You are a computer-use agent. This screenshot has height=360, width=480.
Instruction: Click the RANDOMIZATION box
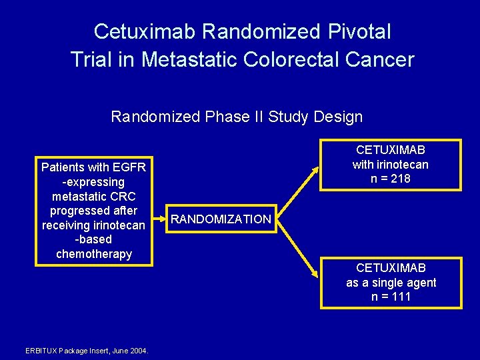point(221,219)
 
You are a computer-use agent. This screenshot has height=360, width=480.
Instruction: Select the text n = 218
point(391,179)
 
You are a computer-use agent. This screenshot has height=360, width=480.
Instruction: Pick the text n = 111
point(391,297)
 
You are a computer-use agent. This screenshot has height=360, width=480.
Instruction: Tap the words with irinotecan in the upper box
point(391,165)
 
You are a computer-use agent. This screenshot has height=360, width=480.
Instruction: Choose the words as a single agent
point(391,283)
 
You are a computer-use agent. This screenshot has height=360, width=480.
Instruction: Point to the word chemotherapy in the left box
point(94,254)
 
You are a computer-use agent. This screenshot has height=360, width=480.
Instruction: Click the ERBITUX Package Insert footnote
point(87,351)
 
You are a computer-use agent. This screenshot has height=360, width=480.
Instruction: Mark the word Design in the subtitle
point(340,117)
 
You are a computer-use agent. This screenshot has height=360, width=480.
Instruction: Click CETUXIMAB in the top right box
point(391,150)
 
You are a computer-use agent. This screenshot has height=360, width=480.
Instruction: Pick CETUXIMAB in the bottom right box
point(391,268)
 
